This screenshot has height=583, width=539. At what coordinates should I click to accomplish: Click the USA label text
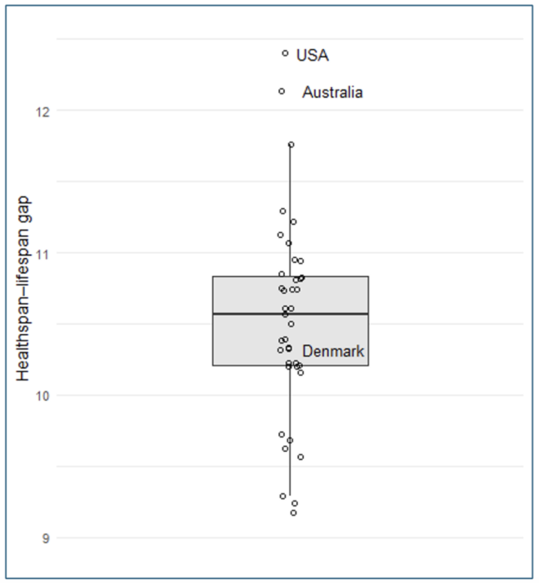(313, 55)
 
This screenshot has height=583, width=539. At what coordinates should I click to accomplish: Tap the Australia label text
(332, 93)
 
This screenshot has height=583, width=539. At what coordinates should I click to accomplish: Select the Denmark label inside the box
(333, 352)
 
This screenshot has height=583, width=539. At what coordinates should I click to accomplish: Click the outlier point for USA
(285, 53)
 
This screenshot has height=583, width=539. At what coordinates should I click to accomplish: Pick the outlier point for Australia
(282, 91)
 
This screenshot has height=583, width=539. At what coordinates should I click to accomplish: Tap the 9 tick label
(36, 538)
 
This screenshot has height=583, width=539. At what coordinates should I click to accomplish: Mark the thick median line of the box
(244, 313)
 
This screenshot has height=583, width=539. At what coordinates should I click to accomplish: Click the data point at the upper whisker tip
(291, 144)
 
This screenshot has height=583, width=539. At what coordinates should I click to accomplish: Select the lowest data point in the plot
(293, 513)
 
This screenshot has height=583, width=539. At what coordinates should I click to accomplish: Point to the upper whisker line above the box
(290, 195)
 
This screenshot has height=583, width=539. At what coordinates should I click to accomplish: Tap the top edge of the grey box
(244, 276)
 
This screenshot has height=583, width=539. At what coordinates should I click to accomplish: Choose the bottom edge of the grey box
(244, 366)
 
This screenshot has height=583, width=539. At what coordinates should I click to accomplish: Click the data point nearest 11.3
(283, 211)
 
